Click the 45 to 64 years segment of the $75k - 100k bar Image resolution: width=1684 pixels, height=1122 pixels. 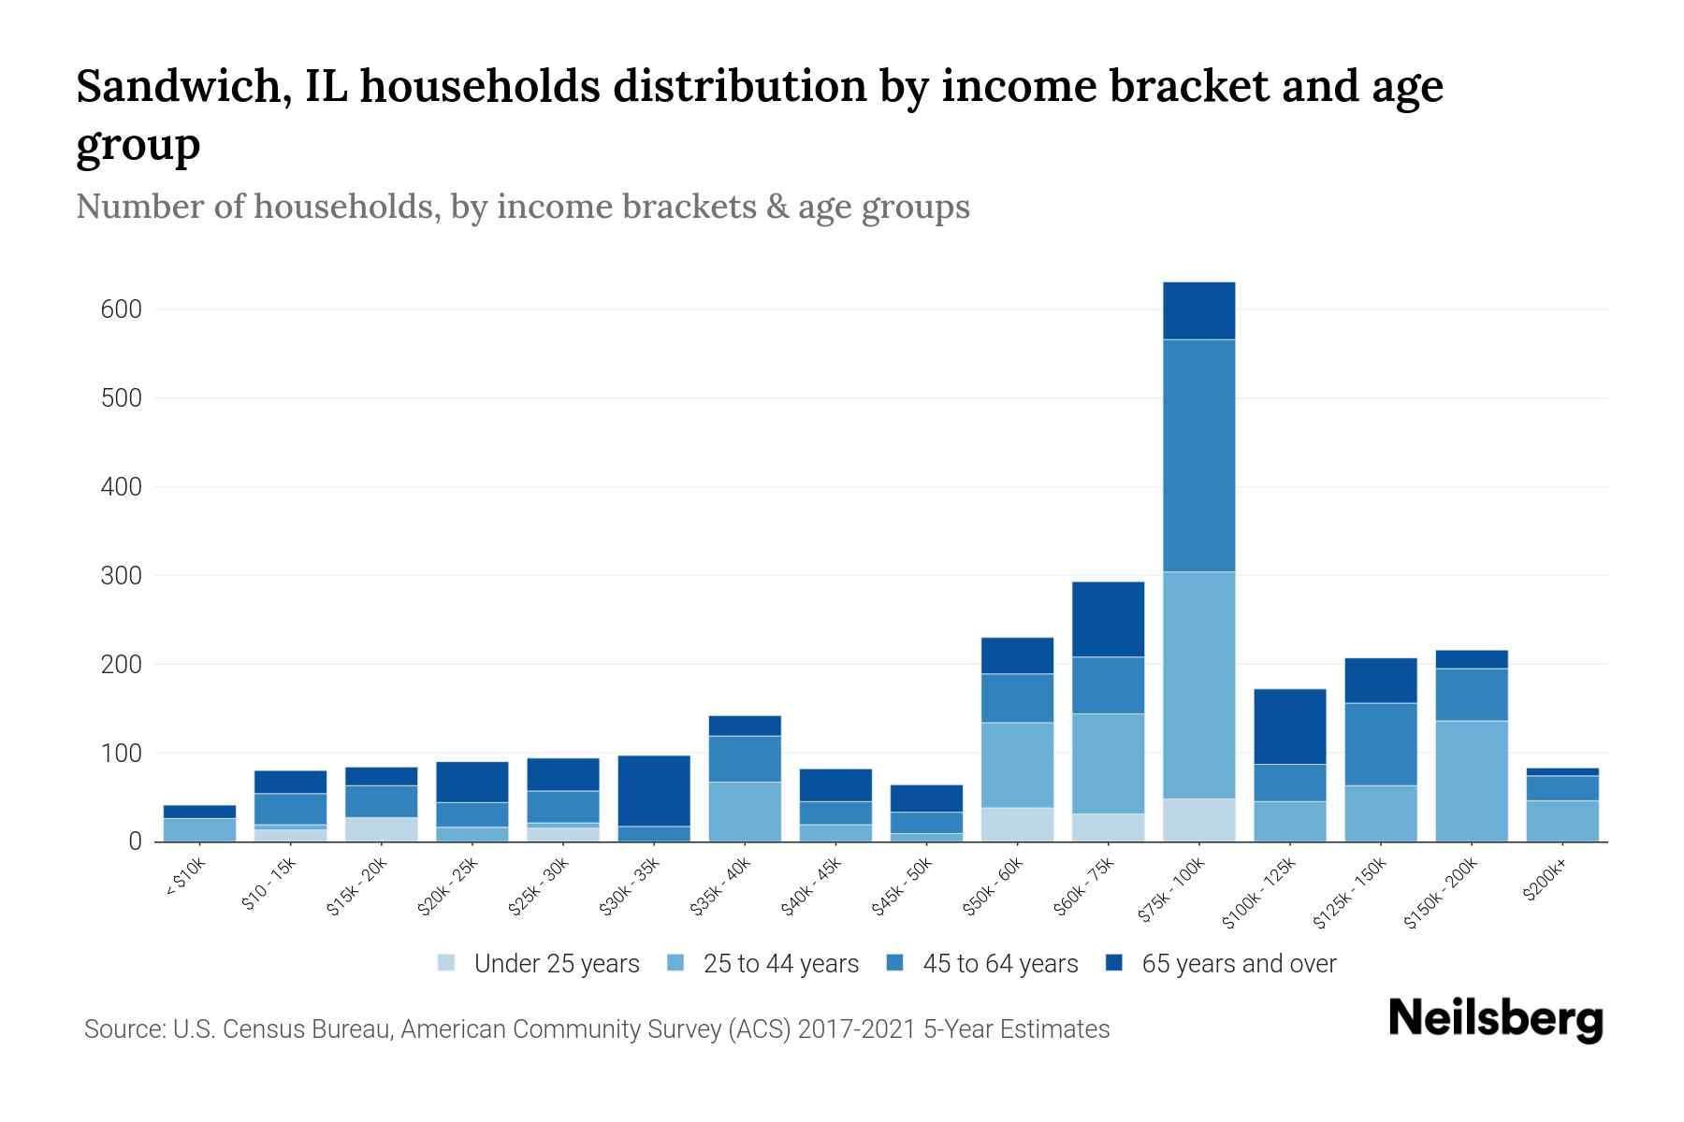tap(1198, 455)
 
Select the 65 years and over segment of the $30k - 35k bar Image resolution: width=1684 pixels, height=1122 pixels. tap(654, 790)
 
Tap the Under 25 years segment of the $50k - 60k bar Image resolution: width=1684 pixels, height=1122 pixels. tap(1017, 824)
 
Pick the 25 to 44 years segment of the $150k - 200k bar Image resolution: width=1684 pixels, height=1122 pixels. tap(1472, 781)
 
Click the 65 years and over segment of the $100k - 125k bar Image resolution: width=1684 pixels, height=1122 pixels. tap(1290, 726)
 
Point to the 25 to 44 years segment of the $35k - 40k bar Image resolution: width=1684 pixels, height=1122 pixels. tap(745, 812)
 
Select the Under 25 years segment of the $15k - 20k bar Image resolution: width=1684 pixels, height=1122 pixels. tap(382, 829)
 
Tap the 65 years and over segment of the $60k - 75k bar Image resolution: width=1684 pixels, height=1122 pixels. tap(1108, 619)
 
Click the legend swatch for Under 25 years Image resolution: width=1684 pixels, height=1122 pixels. tap(447, 963)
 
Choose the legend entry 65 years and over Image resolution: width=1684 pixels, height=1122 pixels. tap(1239, 963)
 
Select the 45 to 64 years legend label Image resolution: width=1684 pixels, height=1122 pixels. tap(1000, 963)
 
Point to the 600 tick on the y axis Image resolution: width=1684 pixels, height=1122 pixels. tap(121, 309)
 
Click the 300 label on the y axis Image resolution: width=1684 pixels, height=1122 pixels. tap(121, 576)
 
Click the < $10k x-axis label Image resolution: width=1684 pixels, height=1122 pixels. tap(185, 878)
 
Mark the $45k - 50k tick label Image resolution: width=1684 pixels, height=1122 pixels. tap(903, 885)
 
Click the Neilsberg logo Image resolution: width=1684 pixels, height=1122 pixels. tap(1495, 1019)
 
